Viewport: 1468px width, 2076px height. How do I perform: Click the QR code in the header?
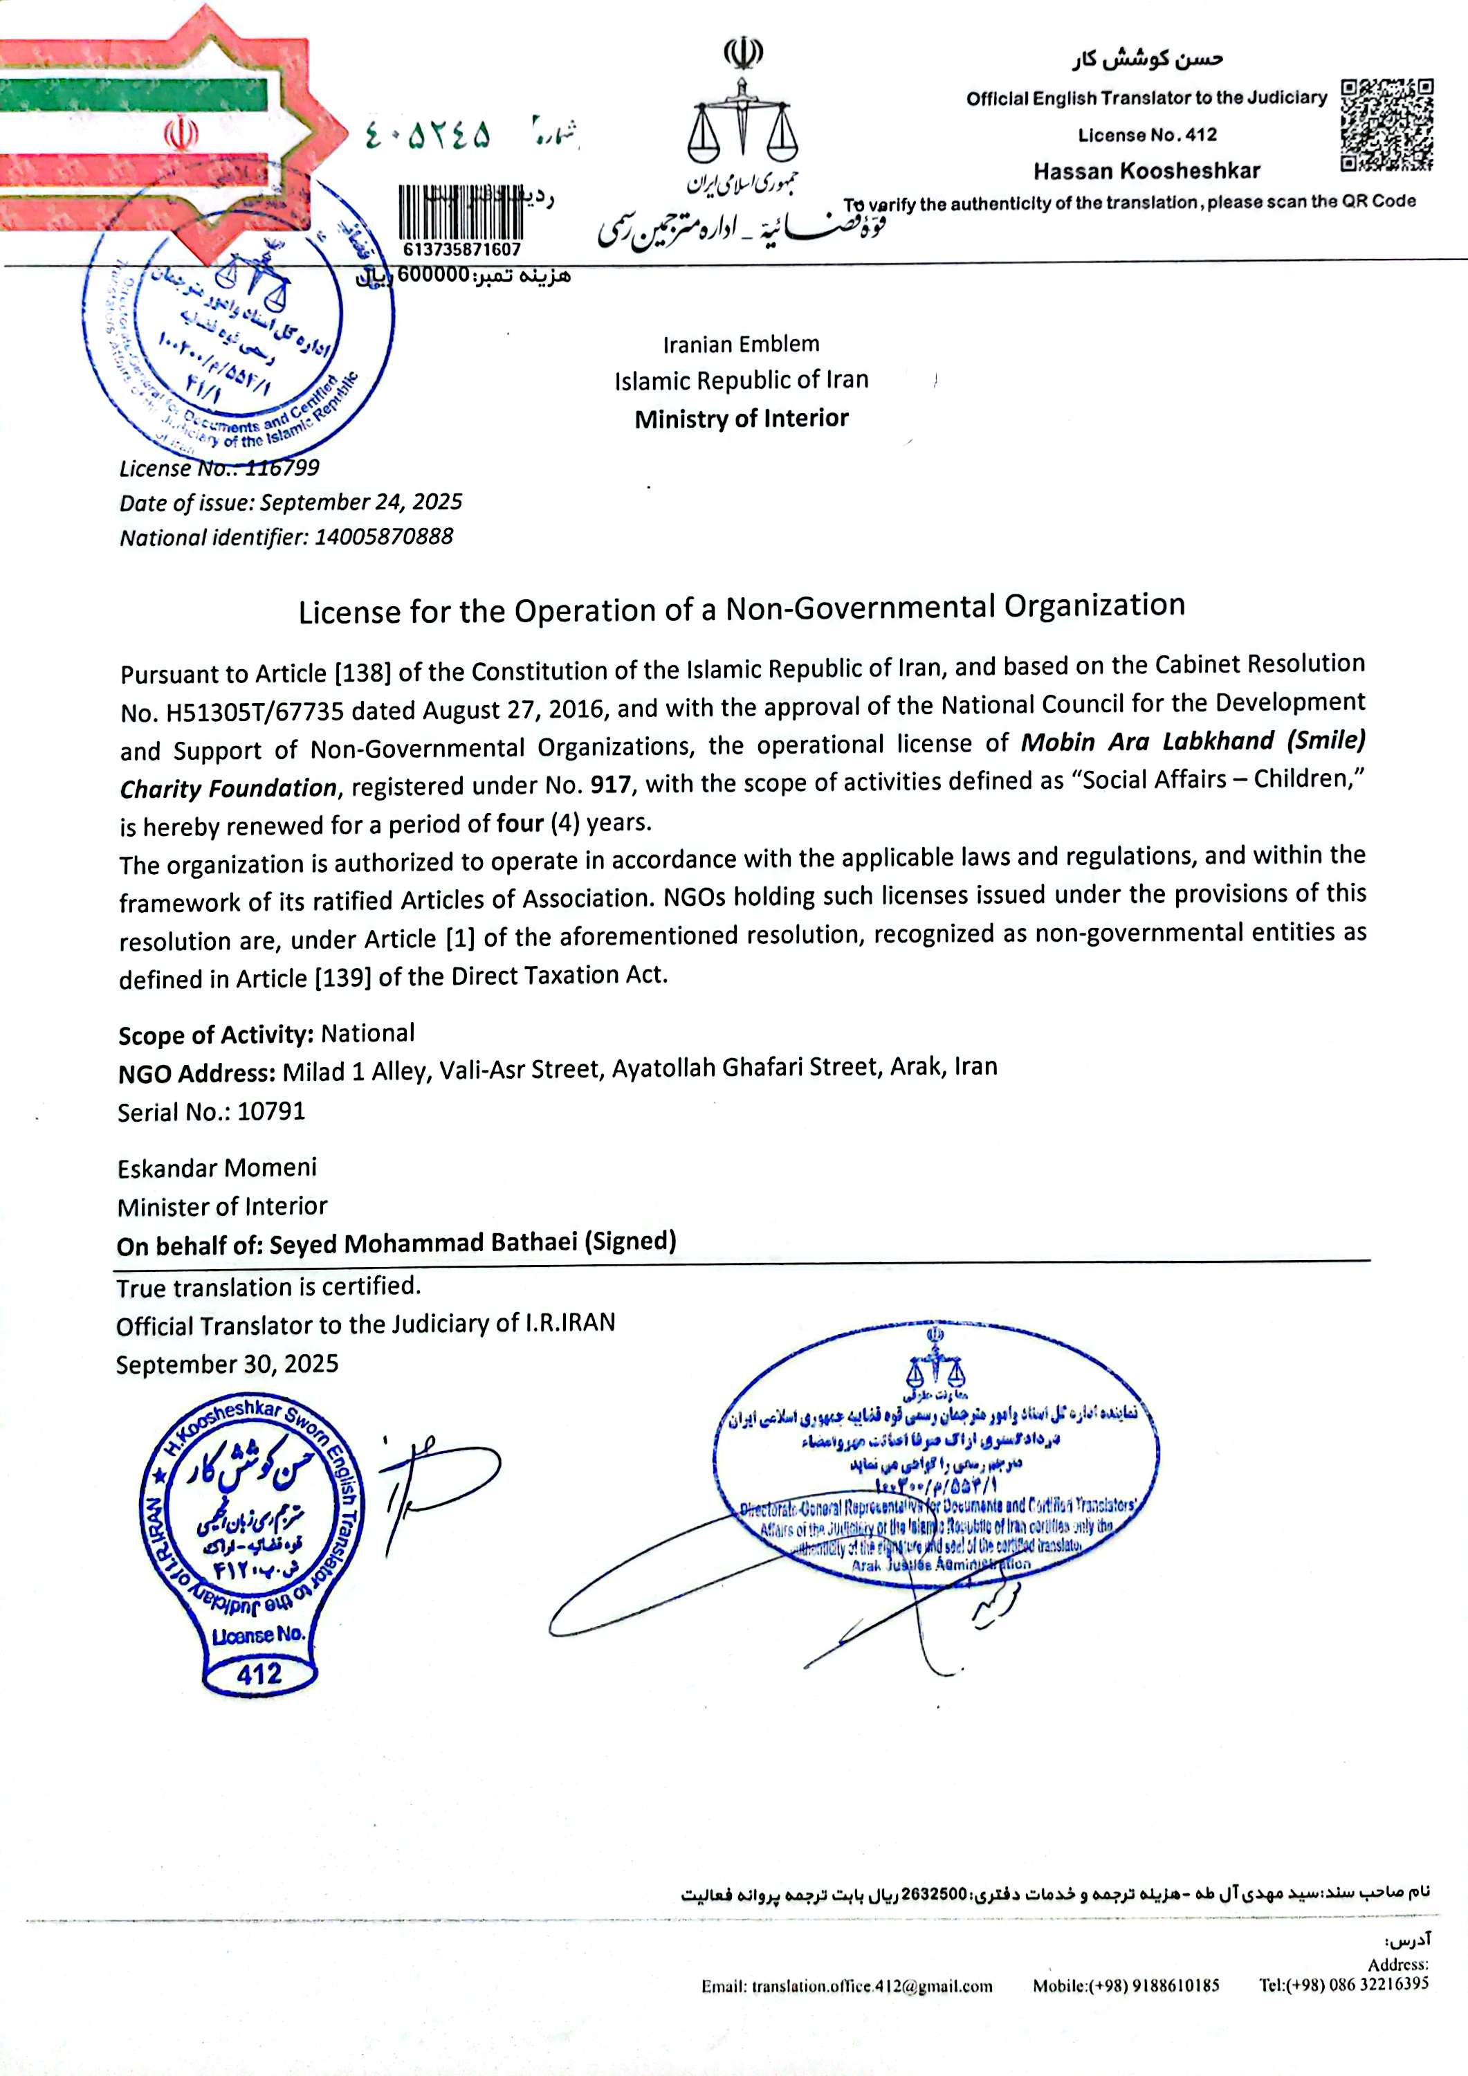(x=1386, y=125)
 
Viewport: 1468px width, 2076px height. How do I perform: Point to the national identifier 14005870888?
(x=383, y=537)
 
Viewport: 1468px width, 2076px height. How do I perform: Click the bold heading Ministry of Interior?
(x=741, y=419)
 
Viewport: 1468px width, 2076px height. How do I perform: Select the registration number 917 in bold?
(x=610, y=785)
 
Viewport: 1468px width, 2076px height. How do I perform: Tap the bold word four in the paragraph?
(x=520, y=823)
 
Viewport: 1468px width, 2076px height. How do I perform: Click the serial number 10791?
(x=271, y=1111)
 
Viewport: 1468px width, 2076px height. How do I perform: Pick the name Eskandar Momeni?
(x=217, y=1168)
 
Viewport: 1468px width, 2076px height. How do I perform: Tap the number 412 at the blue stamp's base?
(x=259, y=1674)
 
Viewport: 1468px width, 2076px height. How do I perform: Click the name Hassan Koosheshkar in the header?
(x=1146, y=171)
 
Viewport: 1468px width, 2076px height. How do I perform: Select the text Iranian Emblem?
(x=740, y=345)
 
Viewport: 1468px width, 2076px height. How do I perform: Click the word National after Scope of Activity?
(x=368, y=1033)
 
